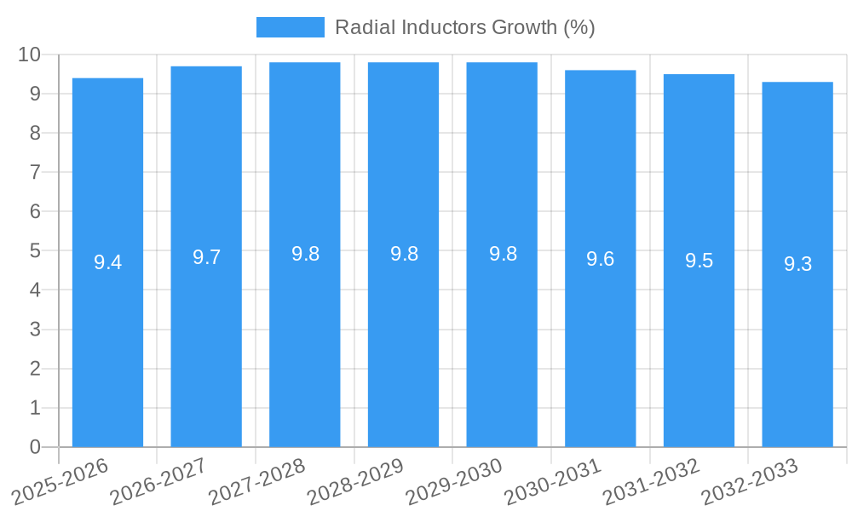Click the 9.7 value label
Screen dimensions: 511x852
pos(206,257)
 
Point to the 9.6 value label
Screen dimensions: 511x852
pos(601,259)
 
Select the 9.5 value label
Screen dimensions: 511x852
pos(699,261)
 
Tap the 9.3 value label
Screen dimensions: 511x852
pos(797,264)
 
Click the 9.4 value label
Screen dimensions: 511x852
pos(107,262)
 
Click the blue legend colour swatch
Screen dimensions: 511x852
pos(290,27)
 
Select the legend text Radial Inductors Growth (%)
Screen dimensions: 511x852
pos(464,27)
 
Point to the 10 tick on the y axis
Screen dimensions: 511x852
pos(30,55)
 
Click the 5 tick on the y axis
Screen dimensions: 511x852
pos(35,251)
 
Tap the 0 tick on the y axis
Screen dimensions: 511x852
pos(35,447)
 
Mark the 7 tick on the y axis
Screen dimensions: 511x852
pos(35,172)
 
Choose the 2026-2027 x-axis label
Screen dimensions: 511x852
pos(159,483)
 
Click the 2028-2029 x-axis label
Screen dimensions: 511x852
pos(355,483)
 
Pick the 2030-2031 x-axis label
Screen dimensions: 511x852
pos(553,483)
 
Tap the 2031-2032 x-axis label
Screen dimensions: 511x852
pos(651,483)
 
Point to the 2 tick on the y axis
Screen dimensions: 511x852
pos(35,369)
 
